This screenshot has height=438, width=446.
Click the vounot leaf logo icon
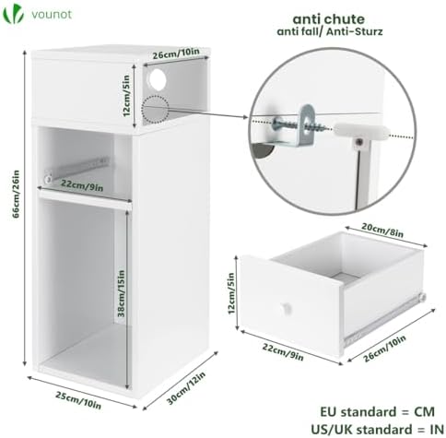tap(14, 14)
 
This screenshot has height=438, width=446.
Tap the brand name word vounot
tap(52, 15)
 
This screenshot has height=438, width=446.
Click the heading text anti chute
tap(328, 19)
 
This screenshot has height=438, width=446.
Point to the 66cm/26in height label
tap(16, 194)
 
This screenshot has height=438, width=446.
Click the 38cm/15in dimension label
tap(122, 293)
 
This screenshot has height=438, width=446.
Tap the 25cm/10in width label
tap(78, 399)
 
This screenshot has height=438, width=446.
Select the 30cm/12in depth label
tap(186, 388)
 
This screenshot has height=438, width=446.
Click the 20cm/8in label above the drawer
tap(382, 230)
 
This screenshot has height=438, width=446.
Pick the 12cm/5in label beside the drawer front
tap(231, 293)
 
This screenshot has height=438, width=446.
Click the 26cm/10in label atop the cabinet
tap(176, 53)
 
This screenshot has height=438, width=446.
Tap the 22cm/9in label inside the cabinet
tap(82, 185)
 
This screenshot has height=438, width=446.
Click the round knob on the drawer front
tap(287, 308)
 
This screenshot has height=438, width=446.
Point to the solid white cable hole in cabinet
tap(158, 79)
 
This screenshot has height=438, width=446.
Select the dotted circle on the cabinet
tap(155, 110)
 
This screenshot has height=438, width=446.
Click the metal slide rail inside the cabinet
tap(76, 169)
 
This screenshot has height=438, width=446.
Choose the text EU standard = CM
tap(378, 411)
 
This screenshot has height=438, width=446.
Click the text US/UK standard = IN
tap(378, 429)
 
